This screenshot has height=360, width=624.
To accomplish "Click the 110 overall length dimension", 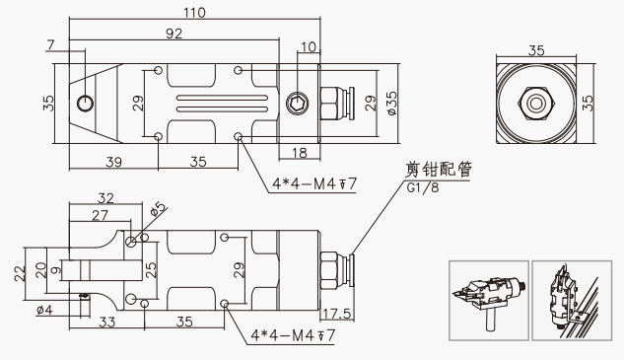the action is pos(194,13).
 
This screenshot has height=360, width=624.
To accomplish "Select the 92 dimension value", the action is pos(173,34).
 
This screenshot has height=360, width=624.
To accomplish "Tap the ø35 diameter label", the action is pos(391,104).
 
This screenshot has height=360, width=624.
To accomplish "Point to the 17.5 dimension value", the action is pos(337,314).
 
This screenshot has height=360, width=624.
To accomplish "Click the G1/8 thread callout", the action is pos(423,187).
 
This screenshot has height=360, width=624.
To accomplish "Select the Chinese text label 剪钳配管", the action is pos(438,169).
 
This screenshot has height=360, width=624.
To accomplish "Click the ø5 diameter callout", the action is pos(158,209).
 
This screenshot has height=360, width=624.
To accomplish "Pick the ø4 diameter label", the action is pos(44,310).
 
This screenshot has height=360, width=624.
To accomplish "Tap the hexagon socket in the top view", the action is pos(298,104).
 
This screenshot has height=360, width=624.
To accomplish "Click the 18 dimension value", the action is pos(300,153).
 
